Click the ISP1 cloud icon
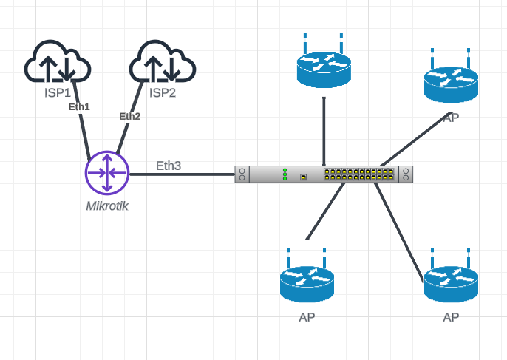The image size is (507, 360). coord(57,63)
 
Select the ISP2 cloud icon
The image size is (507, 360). coord(162,63)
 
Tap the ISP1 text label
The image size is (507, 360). coord(57,92)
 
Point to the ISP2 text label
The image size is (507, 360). coord(163,92)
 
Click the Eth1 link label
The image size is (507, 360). coord(79,106)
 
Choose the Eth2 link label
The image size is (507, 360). coord(129,116)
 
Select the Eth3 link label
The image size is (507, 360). coord(168,166)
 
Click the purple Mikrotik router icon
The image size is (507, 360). coord(107,174)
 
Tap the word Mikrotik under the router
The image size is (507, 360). coord(107,206)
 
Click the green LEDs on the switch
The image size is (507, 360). coord(285,174)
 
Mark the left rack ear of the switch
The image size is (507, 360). coord(242,174)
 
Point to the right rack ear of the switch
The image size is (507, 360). coord(406,174)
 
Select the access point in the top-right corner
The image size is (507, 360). coord(451,81)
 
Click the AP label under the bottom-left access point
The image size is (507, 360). coord(307,317)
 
